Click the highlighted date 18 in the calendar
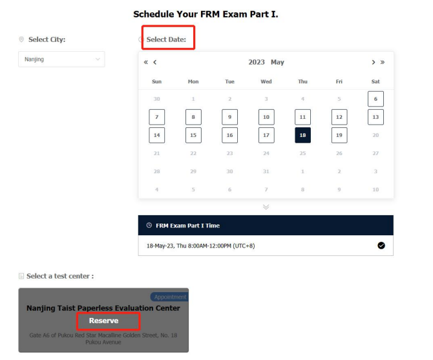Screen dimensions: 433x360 click(x=302, y=135)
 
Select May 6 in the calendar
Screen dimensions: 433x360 click(x=375, y=99)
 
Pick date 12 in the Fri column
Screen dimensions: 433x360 click(x=339, y=117)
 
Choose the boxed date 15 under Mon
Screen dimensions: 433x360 click(x=193, y=135)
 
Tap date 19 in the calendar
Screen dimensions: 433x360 click(x=339, y=135)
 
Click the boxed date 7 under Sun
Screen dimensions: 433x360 click(x=157, y=117)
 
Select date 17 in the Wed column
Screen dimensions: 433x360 click(x=266, y=135)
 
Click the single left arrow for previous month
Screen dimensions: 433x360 click(x=155, y=63)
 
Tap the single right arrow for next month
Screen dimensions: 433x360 click(x=374, y=63)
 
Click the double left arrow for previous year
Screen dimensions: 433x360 click(x=146, y=63)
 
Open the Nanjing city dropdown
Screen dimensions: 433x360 click(x=61, y=59)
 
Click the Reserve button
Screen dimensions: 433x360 click(x=103, y=321)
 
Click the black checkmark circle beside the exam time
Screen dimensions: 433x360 click(x=381, y=246)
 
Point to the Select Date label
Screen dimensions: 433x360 click(x=166, y=39)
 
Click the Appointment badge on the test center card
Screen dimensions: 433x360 click(x=169, y=297)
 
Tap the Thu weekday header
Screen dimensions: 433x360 click(x=302, y=81)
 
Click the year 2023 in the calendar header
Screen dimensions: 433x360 click(x=257, y=62)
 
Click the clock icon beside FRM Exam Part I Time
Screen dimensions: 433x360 click(x=149, y=226)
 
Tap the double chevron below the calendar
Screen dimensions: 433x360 click(x=266, y=207)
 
